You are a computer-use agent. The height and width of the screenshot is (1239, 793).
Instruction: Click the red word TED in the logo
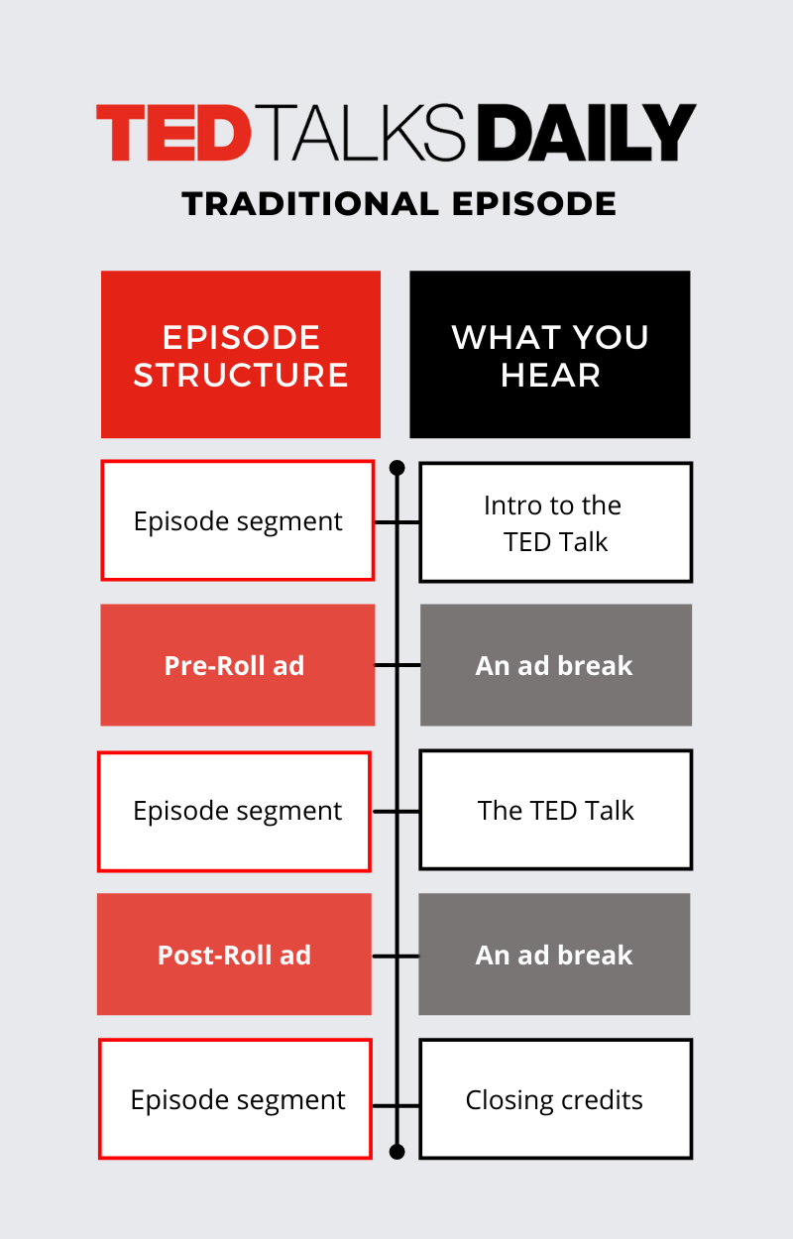click(174, 133)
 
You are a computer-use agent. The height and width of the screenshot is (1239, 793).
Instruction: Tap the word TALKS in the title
click(366, 133)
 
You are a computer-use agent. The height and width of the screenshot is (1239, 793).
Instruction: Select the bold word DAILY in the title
click(585, 133)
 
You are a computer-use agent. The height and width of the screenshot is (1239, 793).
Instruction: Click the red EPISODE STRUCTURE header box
click(241, 354)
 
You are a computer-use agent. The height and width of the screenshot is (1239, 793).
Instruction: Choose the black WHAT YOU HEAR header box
click(550, 354)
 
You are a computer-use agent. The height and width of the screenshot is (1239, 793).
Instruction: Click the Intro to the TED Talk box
click(555, 522)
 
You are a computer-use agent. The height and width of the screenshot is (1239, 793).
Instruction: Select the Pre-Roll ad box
click(237, 665)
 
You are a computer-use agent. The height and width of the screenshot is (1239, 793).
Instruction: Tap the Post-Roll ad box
click(234, 955)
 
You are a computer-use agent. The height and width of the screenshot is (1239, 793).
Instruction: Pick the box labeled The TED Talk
click(555, 810)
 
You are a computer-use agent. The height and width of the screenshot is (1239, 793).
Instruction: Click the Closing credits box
click(555, 1099)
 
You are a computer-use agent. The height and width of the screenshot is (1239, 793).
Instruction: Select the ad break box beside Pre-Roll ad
click(555, 665)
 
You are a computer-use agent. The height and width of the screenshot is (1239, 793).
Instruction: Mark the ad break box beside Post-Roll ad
click(554, 955)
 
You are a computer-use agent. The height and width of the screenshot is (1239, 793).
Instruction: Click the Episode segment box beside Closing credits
click(236, 1099)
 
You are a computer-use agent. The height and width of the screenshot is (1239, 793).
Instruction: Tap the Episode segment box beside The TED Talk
click(235, 812)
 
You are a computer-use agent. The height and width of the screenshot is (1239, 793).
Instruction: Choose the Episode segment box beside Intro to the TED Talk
click(238, 521)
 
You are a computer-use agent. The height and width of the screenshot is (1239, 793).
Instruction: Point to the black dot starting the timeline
click(397, 467)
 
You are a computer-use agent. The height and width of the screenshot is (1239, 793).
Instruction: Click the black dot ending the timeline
click(397, 1151)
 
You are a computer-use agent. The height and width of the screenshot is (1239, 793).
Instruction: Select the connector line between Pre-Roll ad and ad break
click(397, 665)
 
